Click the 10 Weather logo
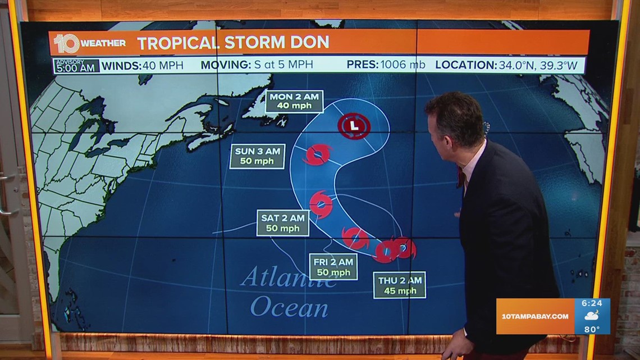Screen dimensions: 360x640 pyautogui.click(x=90, y=43)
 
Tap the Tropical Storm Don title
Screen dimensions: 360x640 pyautogui.click(x=233, y=43)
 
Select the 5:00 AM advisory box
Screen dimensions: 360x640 pyautogui.click(x=76, y=66)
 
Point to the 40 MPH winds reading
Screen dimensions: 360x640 pyautogui.click(x=163, y=65)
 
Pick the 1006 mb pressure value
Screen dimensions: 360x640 pyautogui.click(x=403, y=65)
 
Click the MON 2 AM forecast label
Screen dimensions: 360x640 pyautogui.click(x=294, y=101)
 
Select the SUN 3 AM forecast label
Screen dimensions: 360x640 pyautogui.click(x=257, y=156)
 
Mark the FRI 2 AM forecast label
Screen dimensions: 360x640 pyautogui.click(x=333, y=266)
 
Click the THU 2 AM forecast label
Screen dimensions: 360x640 pyautogui.click(x=399, y=285)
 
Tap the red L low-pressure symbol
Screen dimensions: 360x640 pyautogui.click(x=353, y=126)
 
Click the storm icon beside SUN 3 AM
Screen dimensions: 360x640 pyautogui.click(x=317, y=154)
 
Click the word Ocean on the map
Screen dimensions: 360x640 pyautogui.click(x=289, y=308)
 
